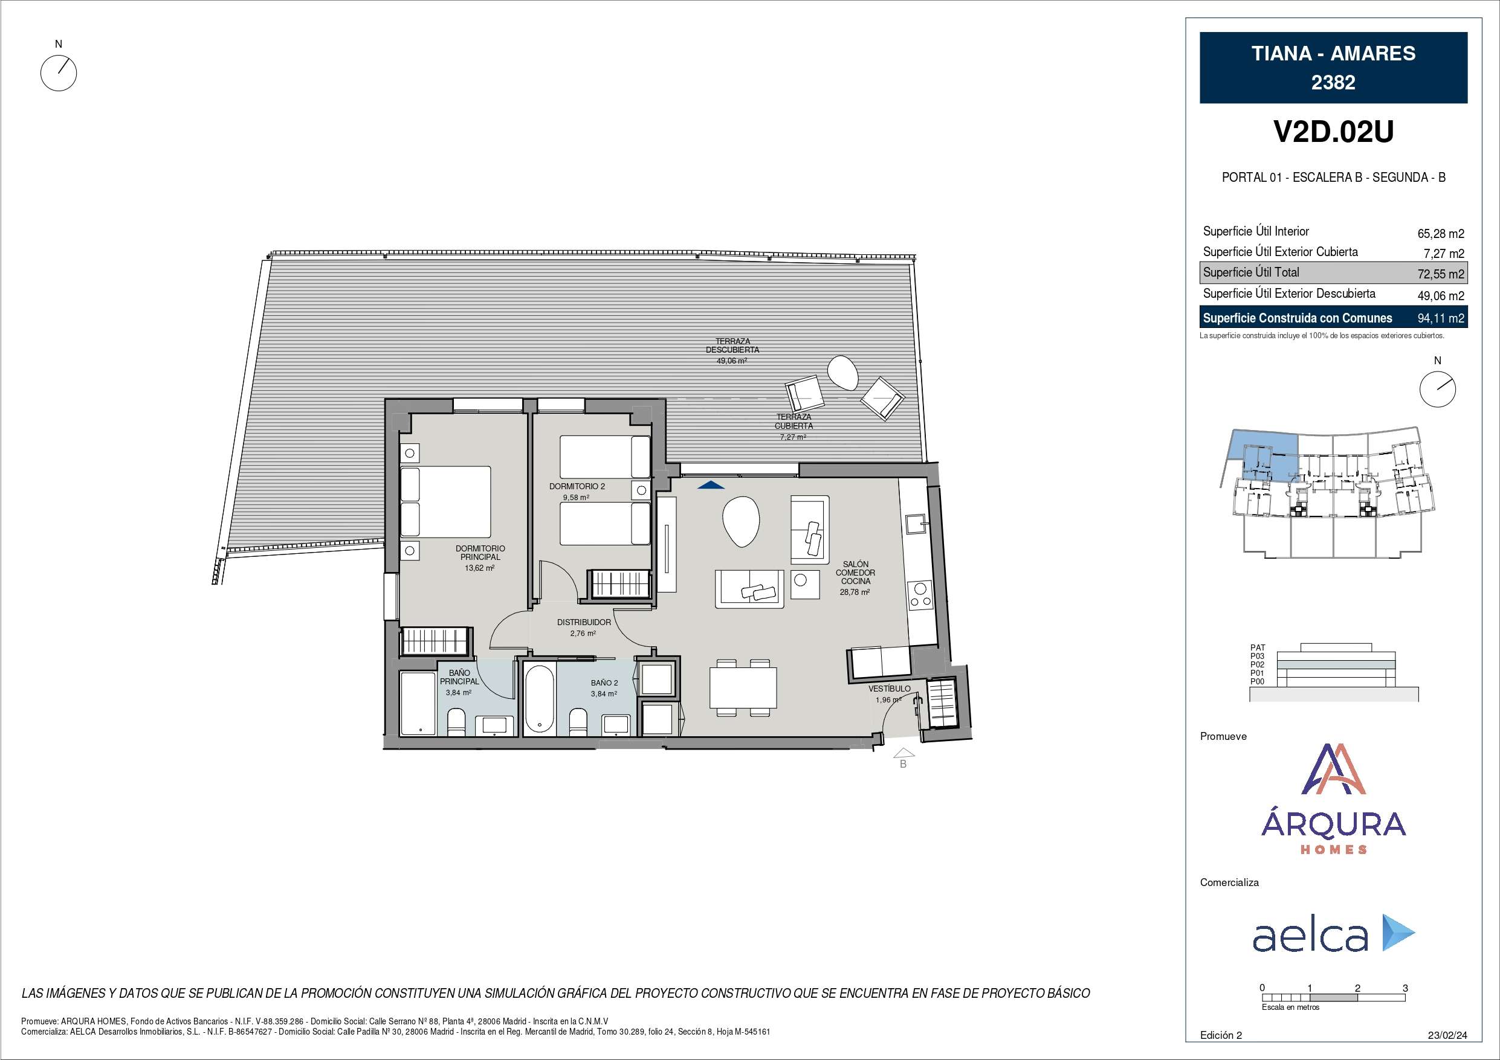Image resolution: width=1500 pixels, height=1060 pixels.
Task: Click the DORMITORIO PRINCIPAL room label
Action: pos(480,553)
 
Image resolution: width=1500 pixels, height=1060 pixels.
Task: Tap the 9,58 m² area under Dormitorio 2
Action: pos(576,497)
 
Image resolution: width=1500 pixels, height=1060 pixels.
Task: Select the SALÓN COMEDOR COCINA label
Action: pos(855,573)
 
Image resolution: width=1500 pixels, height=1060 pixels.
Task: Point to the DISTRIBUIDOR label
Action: pos(584,623)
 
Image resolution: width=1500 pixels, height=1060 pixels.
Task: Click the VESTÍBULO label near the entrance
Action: pos(889,689)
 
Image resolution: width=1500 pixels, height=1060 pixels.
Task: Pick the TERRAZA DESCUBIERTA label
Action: pos(732,345)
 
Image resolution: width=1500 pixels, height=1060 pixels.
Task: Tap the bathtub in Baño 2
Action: pos(540,699)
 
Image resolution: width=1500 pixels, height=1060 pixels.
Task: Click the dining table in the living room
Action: pos(743,688)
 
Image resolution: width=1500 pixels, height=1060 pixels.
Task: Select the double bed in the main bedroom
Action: pos(445,501)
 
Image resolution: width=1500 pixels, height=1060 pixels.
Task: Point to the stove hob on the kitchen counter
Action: pos(920,595)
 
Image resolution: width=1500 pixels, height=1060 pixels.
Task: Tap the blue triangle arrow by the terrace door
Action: pos(711,484)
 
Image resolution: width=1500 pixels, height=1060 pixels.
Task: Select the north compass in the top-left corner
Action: pos(59,72)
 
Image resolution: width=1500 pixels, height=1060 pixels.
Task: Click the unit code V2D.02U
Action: pos(1333,132)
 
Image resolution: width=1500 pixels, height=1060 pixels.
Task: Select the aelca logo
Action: pos(1333,934)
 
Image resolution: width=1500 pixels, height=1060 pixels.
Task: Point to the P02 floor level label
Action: pos(1257,664)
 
